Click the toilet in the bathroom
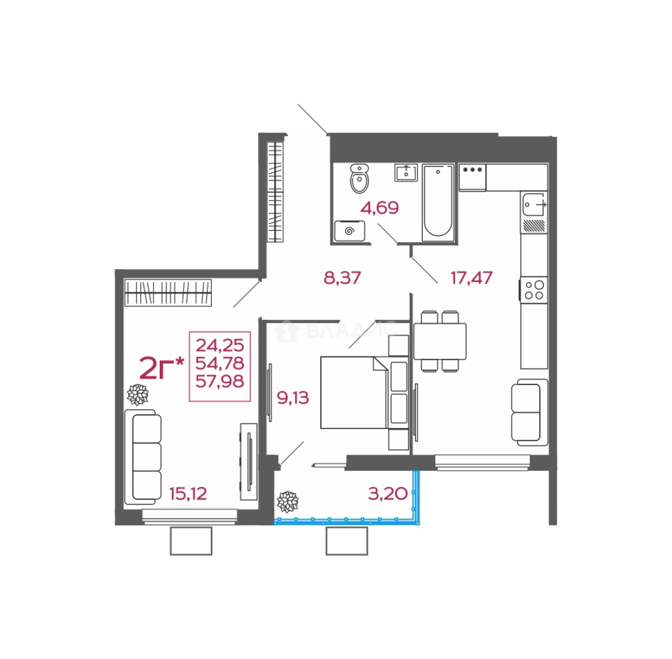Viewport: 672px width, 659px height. point(360,178)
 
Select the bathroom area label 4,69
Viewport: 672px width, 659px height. point(380,208)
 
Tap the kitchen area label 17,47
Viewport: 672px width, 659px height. point(471,278)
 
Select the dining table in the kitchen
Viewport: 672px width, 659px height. point(440,341)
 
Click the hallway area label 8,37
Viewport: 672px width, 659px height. point(343,278)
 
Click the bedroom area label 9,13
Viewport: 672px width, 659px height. point(293,398)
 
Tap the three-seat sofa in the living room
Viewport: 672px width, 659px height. point(143,457)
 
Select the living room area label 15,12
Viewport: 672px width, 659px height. point(188,494)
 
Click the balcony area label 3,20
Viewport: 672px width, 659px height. point(388,494)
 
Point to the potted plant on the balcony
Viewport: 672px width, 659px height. point(288,502)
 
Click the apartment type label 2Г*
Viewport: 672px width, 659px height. point(162,368)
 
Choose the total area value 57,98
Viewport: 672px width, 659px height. point(220,381)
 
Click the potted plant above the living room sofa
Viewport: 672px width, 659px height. point(138,394)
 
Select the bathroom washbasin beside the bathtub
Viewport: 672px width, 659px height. point(406,173)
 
